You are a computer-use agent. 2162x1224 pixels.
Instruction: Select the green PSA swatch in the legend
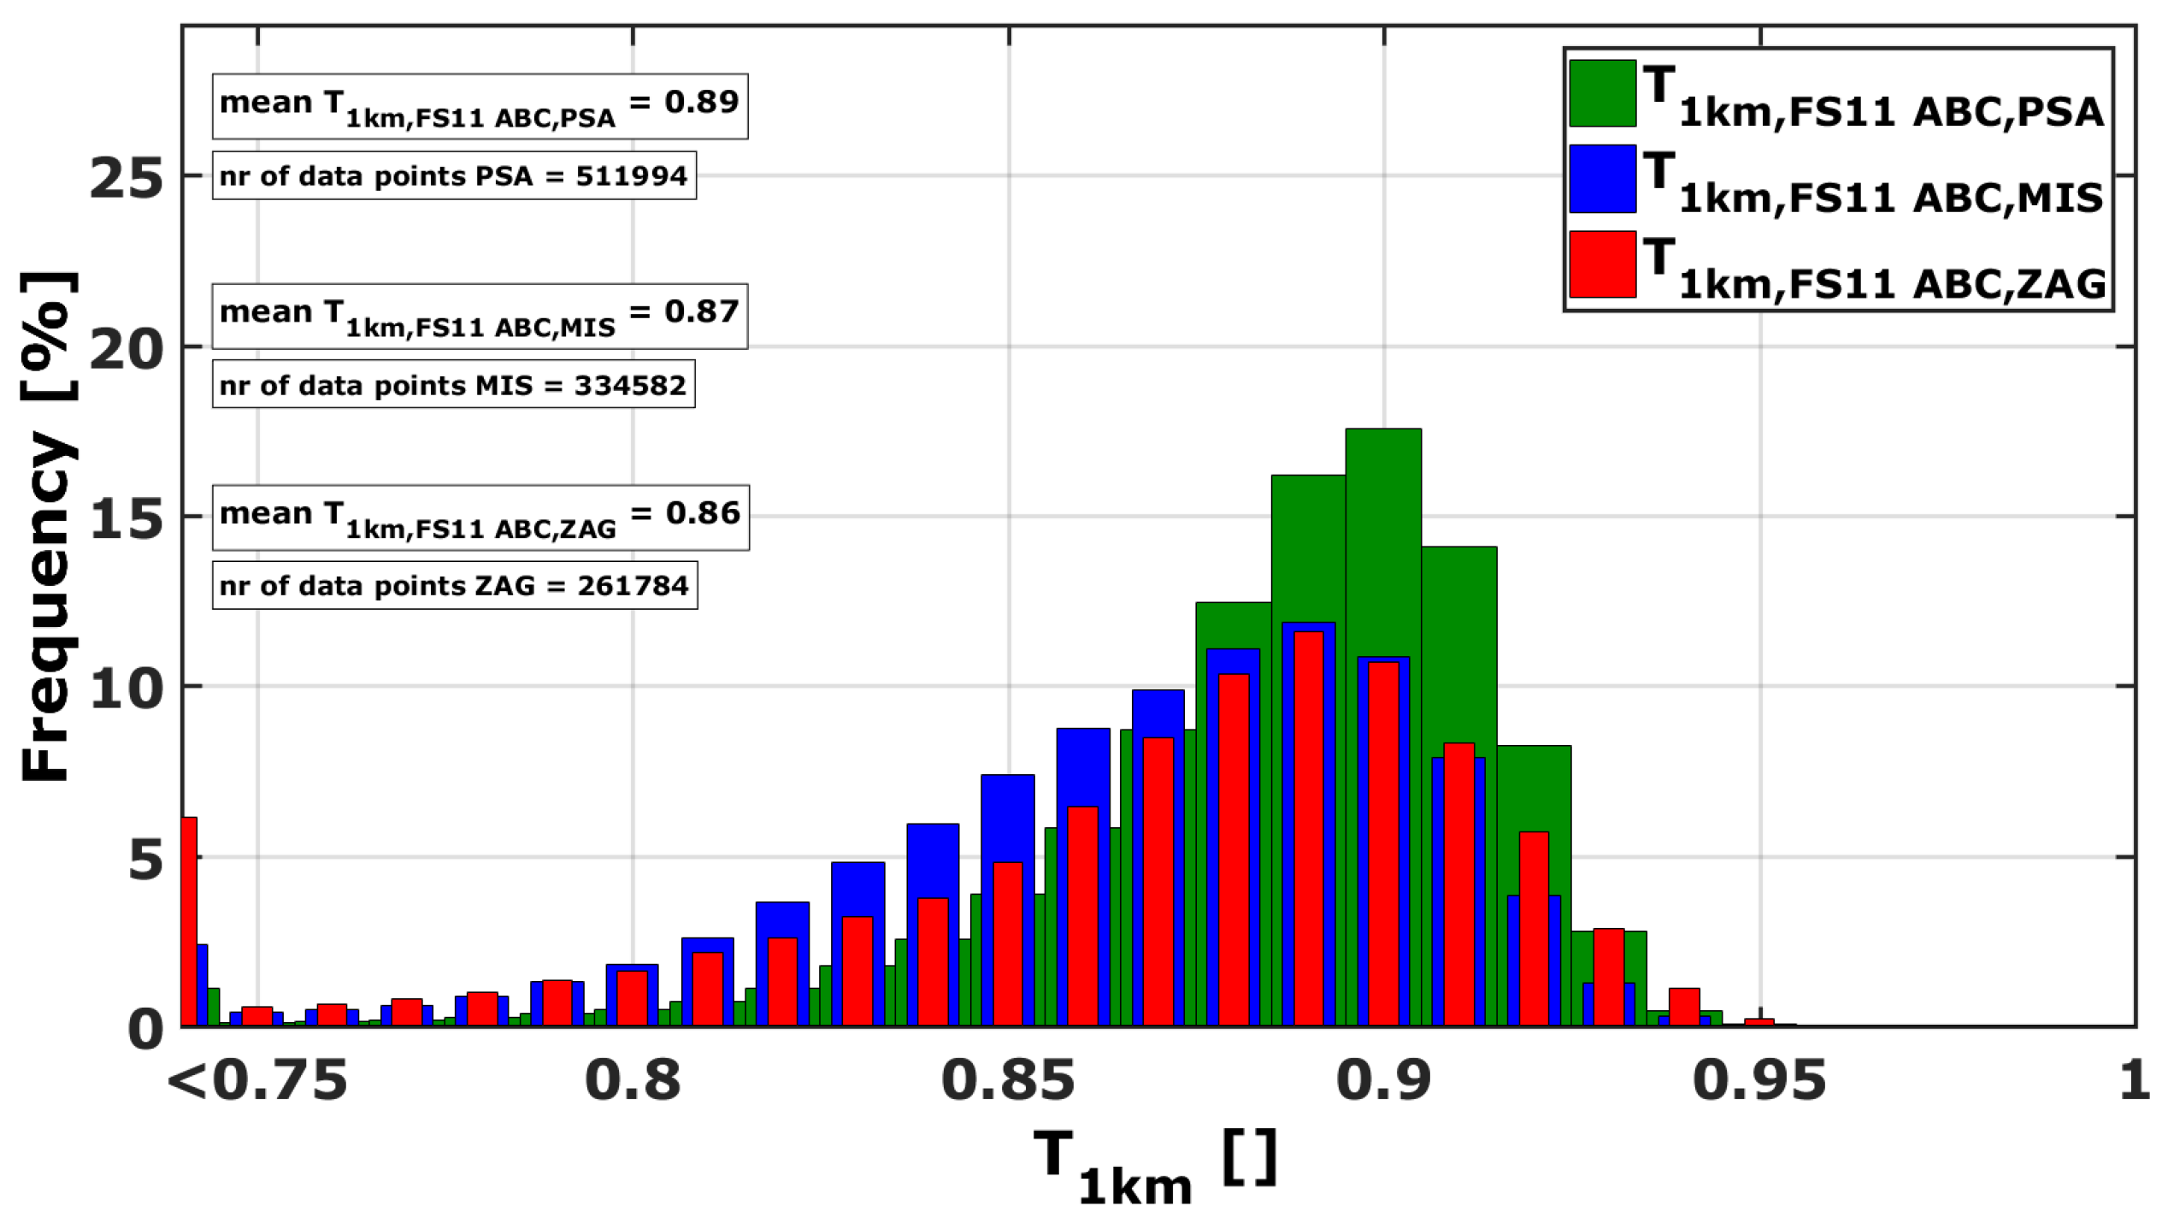click(x=1602, y=93)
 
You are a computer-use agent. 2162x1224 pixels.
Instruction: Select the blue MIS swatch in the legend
click(x=1602, y=179)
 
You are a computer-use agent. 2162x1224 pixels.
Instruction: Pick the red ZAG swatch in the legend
click(x=1602, y=264)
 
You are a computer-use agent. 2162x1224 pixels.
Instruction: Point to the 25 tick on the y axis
click(x=127, y=179)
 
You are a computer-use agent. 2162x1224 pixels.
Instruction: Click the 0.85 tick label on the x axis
click(x=1007, y=1080)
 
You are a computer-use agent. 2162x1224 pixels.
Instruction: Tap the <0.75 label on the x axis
click(x=257, y=1080)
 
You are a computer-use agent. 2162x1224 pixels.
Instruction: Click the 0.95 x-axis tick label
click(x=1758, y=1080)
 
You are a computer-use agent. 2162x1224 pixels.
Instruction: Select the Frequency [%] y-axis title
click(x=48, y=526)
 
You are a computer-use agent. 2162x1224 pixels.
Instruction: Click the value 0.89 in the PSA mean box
click(x=701, y=102)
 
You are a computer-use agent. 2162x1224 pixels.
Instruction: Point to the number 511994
click(x=631, y=176)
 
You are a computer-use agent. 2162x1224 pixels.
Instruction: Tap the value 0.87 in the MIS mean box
click(x=701, y=311)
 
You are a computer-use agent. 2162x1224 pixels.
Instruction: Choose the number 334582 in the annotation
click(x=630, y=386)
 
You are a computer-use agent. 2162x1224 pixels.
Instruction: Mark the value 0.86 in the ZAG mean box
click(x=702, y=513)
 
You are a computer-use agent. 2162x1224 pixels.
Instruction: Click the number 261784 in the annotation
click(x=633, y=586)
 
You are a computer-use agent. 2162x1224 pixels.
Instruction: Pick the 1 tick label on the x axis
click(x=2134, y=1080)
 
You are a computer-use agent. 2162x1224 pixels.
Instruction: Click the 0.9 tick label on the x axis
click(x=1382, y=1080)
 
